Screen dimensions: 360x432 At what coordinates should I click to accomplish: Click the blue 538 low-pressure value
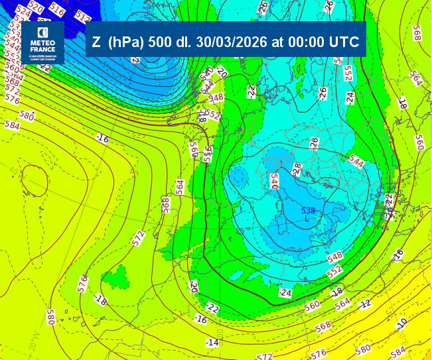(x=308, y=211)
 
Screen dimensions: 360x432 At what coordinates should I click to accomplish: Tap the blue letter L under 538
(x=307, y=219)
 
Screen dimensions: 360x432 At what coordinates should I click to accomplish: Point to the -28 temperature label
(x=297, y=170)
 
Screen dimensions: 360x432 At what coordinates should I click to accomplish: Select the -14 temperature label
(x=212, y=342)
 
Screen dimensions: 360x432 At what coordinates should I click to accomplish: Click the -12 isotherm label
(x=365, y=303)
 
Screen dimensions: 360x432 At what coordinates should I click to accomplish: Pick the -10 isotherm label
(x=402, y=323)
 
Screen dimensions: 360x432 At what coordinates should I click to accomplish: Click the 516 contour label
(x=57, y=10)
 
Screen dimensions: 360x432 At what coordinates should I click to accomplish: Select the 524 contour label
(x=23, y=11)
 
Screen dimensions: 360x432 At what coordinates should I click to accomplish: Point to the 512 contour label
(x=83, y=17)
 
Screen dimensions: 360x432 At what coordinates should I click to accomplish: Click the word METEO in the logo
(x=42, y=41)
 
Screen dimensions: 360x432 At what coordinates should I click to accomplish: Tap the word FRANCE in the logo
(x=42, y=48)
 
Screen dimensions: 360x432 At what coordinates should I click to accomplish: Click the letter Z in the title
(x=97, y=42)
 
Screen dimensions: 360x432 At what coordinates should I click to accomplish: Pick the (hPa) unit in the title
(x=126, y=42)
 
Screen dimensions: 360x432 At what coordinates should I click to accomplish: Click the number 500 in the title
(x=161, y=42)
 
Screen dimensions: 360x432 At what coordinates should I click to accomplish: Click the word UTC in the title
(x=344, y=42)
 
